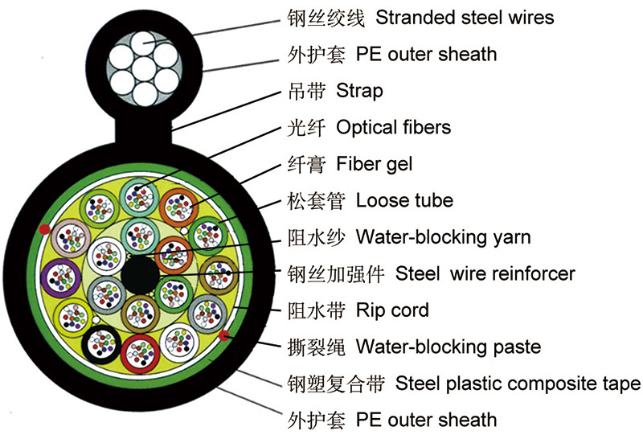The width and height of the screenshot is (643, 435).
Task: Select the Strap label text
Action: click(359, 91)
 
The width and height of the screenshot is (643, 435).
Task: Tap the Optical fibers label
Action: click(393, 127)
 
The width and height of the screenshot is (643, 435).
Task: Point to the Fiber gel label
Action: click(375, 164)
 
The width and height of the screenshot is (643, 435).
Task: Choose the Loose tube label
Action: click(404, 200)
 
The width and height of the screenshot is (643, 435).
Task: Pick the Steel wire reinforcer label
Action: click(485, 273)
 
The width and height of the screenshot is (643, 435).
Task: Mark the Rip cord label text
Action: click(392, 310)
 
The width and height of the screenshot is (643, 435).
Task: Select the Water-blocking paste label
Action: click(448, 347)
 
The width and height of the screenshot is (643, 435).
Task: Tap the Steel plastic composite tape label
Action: click(518, 383)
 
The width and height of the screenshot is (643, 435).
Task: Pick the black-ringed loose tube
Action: click(102, 347)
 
